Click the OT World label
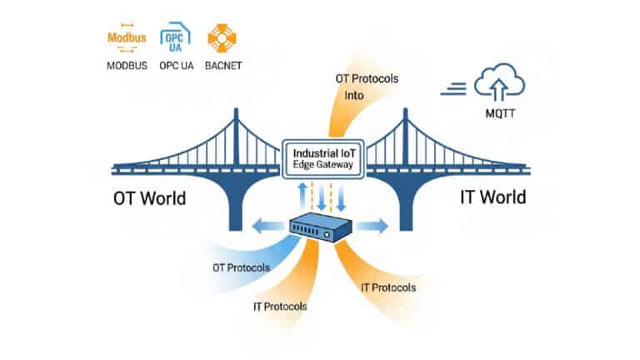click(x=149, y=198)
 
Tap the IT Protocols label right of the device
click(x=389, y=287)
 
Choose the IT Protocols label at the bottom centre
click(x=280, y=306)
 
